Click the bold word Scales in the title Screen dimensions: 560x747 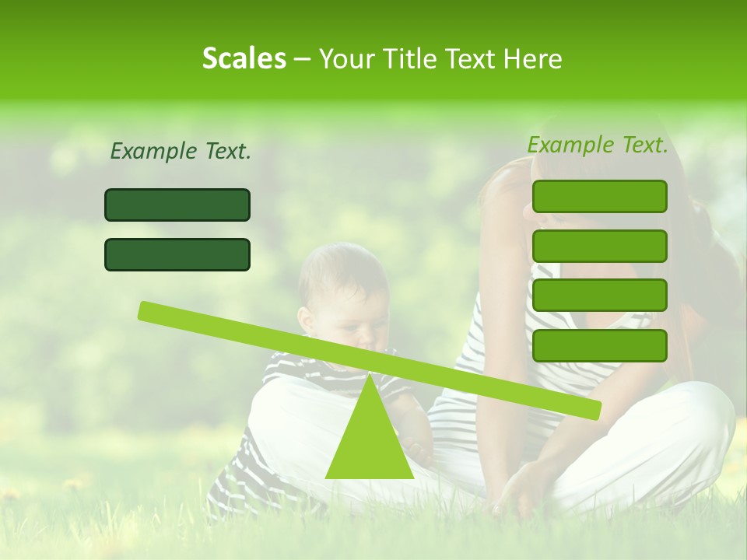[244, 59]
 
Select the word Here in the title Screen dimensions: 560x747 [533, 59]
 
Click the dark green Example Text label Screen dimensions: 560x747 [181, 152]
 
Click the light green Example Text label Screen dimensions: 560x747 [598, 145]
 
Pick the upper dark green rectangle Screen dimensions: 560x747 [177, 205]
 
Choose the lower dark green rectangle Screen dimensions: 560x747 [177, 254]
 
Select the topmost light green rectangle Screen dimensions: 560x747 [599, 196]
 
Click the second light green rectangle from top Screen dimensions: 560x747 [599, 246]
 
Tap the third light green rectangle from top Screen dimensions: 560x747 [599, 295]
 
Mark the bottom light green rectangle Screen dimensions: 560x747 [599, 345]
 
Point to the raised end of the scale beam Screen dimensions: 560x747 [146, 310]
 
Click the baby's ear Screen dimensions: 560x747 [306, 319]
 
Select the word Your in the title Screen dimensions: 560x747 [344, 59]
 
